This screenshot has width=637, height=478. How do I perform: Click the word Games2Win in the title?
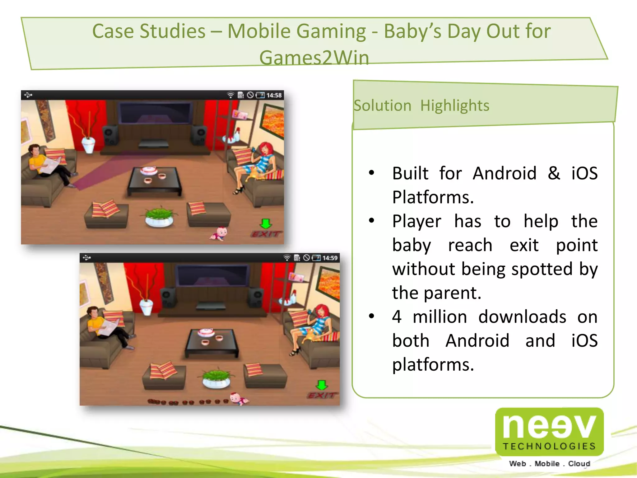coord(314,58)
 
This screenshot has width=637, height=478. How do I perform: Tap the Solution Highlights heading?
coord(421,105)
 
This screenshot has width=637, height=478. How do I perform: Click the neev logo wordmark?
coord(549,426)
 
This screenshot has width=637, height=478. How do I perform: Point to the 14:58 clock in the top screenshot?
coord(274,95)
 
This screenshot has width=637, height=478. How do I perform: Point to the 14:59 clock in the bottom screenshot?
coord(330,258)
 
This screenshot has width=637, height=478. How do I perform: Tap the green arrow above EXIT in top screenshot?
coord(266,223)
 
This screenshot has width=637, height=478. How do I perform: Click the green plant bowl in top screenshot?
coord(159,216)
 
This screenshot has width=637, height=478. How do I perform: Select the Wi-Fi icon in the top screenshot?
coord(230,95)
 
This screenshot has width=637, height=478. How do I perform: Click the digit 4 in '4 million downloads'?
coord(397,317)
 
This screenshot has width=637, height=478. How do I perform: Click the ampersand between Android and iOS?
coord(554,173)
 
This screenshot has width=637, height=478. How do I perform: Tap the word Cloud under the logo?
coord(579,464)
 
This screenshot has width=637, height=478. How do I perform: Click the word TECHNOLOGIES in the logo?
coord(549,446)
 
